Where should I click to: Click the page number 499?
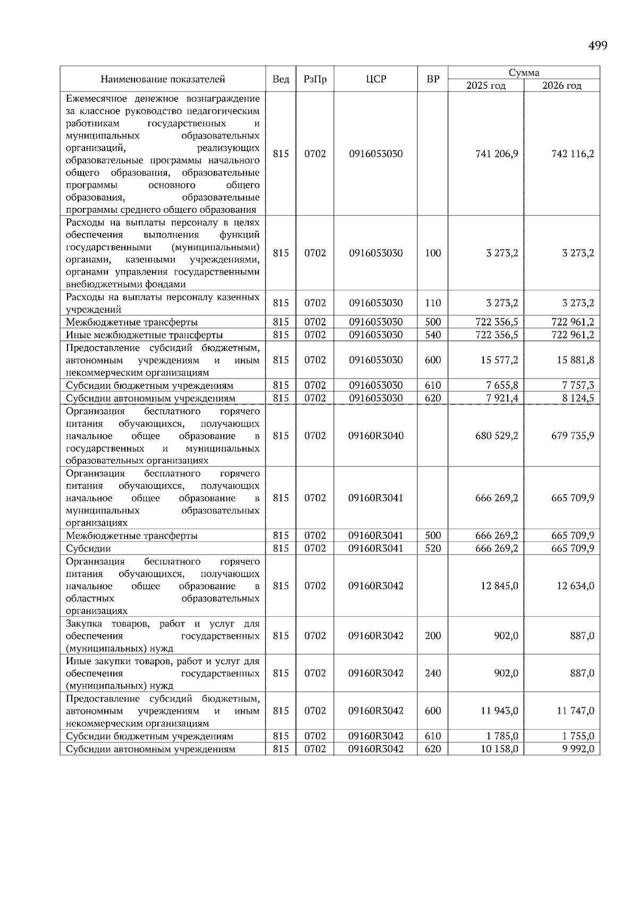[598, 46]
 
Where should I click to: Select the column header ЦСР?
[376, 79]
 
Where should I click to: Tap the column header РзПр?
[315, 79]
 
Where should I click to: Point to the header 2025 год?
[485, 86]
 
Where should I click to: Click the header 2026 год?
[561, 86]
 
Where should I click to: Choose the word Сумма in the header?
[524, 73]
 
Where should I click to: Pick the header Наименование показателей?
[163, 79]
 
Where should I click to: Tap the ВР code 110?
[433, 303]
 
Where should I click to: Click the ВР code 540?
[433, 335]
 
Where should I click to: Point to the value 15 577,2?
[499, 360]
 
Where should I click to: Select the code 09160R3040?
[376, 436]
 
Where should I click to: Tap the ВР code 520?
[433, 548]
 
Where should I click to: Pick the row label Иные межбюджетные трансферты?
[144, 335]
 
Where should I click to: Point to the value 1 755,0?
[578, 737]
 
